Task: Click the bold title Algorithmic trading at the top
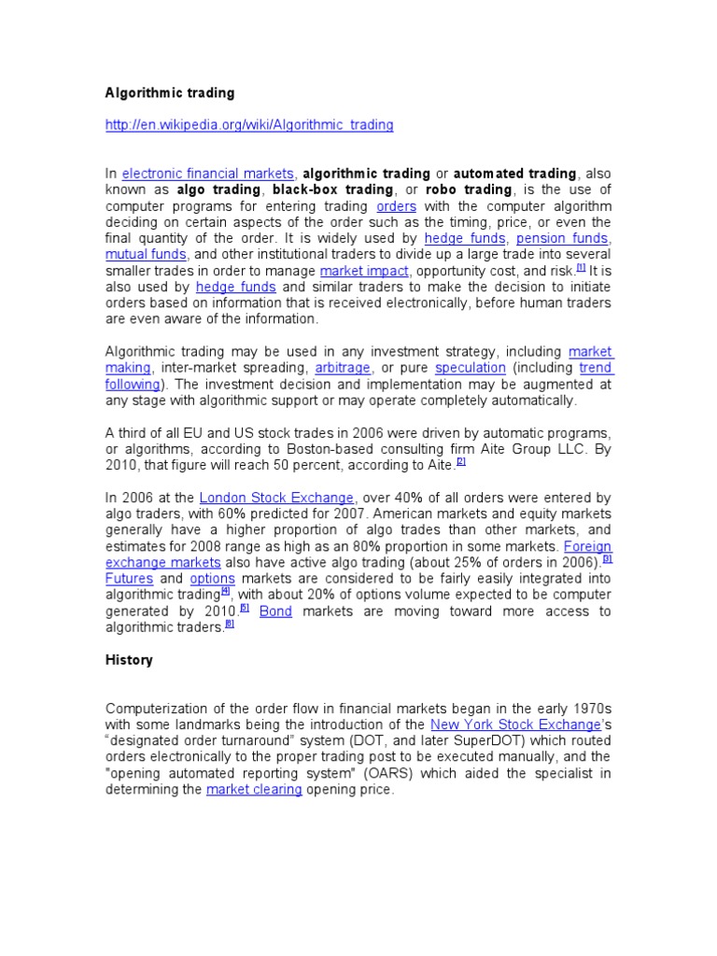(169, 93)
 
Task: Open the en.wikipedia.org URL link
(248, 124)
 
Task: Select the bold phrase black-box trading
(333, 190)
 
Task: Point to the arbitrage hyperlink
(342, 368)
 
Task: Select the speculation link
(470, 368)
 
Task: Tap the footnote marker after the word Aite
(461, 462)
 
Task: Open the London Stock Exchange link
(276, 498)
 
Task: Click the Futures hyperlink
(130, 579)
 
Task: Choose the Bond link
(275, 612)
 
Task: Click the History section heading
(129, 660)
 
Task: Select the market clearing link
(254, 790)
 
